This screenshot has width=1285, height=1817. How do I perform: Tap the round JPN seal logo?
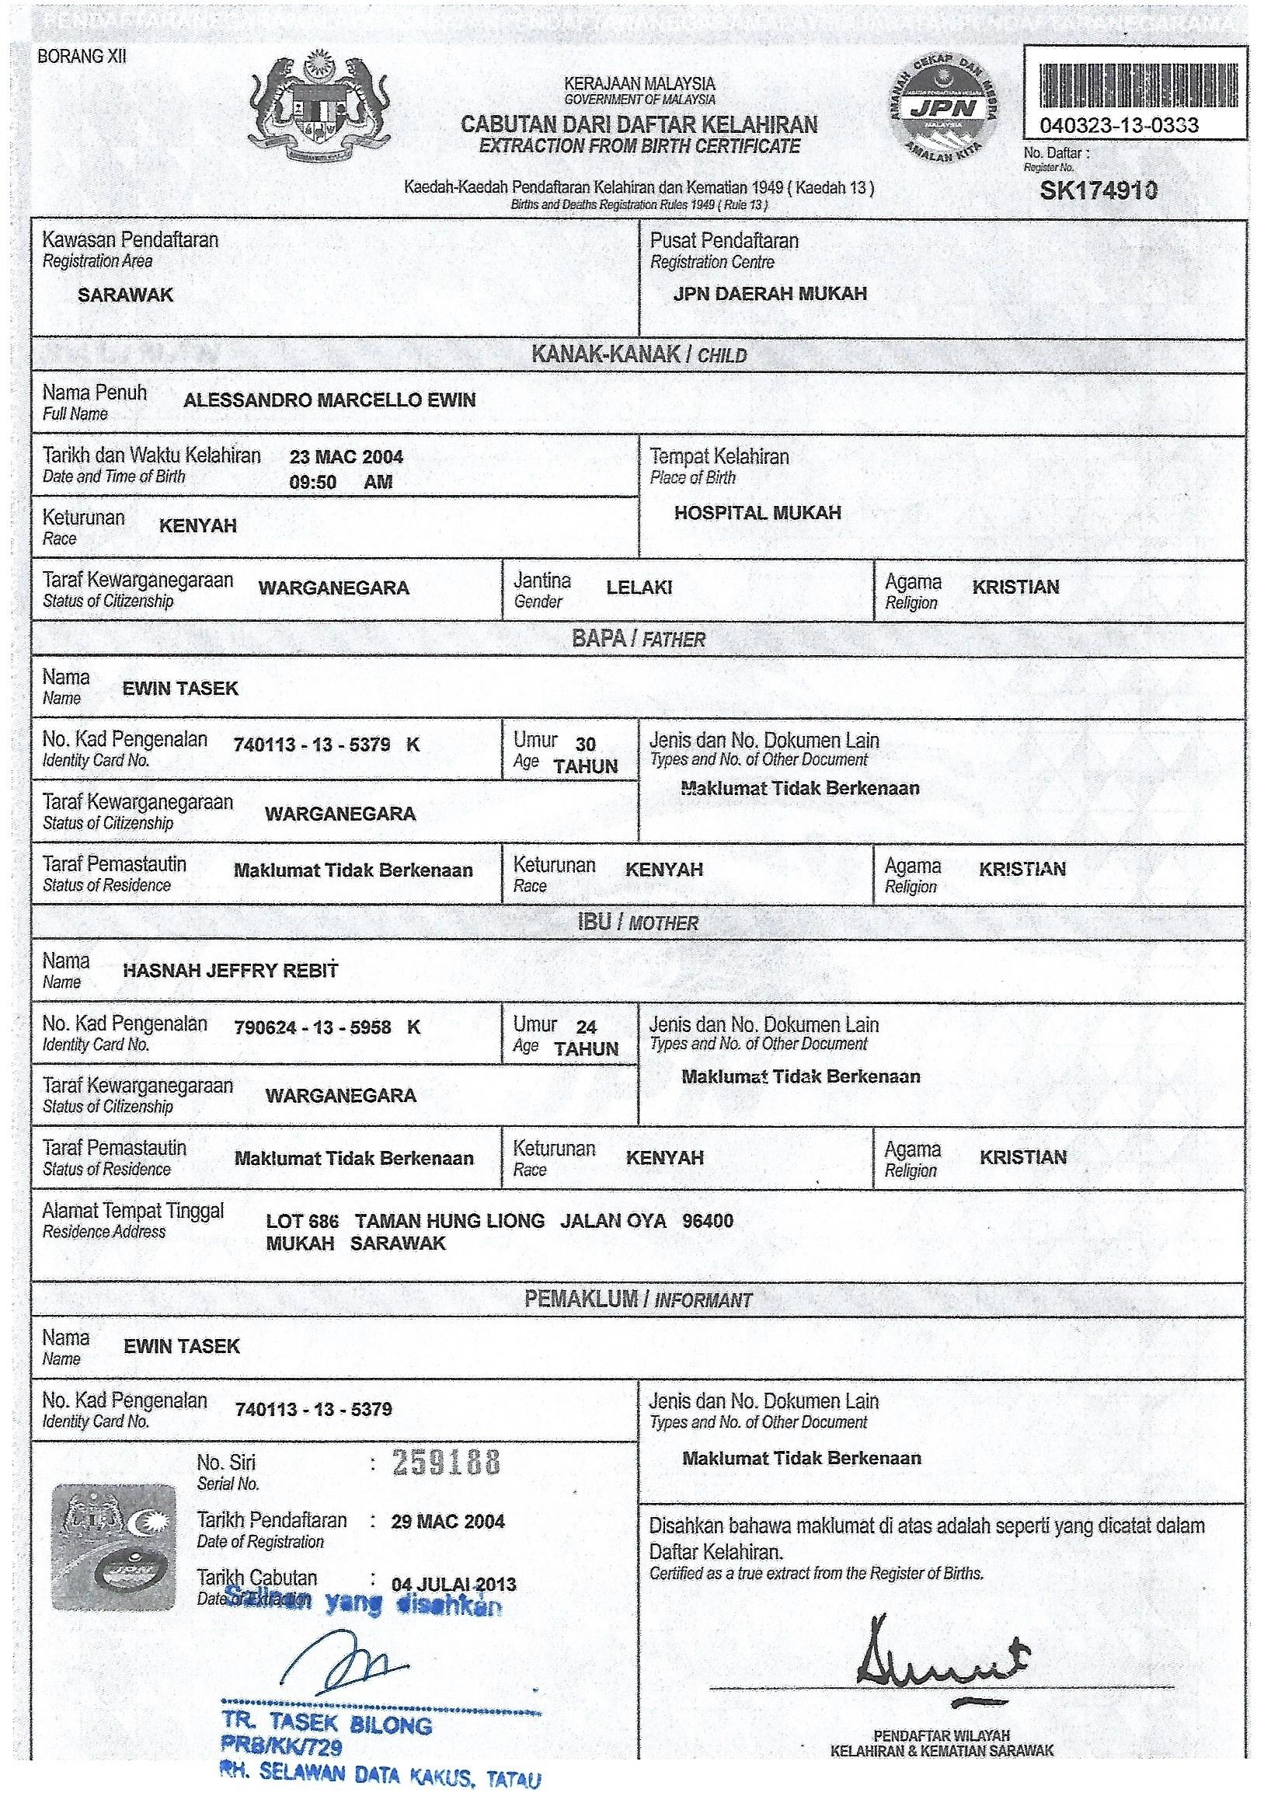[942, 106]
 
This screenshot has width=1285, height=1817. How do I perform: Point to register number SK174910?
[1099, 190]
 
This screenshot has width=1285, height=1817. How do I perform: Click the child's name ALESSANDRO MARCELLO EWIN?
[329, 400]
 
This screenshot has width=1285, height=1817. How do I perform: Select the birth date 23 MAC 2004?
[346, 457]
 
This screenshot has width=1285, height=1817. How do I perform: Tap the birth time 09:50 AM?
[340, 482]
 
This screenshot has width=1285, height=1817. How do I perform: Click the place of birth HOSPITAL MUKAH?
[757, 513]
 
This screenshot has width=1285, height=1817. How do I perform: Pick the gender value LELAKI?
[639, 588]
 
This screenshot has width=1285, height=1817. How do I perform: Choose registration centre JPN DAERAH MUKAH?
[770, 294]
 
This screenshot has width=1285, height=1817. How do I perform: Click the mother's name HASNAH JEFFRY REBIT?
[230, 970]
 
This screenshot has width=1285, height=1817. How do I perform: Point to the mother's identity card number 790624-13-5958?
[312, 1027]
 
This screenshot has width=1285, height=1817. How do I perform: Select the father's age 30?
[586, 744]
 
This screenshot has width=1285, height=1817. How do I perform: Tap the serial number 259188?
[447, 1463]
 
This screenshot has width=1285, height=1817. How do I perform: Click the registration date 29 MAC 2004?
[447, 1521]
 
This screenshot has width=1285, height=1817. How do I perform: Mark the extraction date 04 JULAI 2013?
[454, 1585]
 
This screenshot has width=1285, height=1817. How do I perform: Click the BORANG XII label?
[82, 56]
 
